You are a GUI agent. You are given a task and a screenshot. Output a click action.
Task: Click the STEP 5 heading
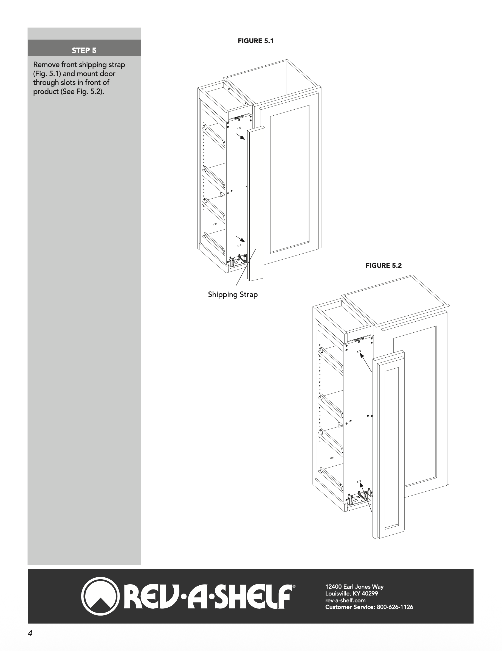click(x=84, y=50)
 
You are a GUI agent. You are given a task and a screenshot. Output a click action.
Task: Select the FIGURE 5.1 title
click(x=255, y=41)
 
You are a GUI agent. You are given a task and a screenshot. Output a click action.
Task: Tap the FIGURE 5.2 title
click(x=383, y=266)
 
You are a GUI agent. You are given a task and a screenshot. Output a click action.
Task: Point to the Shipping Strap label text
click(x=233, y=294)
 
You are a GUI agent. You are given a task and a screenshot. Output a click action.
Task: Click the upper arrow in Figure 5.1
click(x=241, y=137)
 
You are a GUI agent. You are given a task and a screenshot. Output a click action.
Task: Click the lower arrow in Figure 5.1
click(x=241, y=239)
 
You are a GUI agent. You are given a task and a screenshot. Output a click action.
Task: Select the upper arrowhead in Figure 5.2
click(x=362, y=356)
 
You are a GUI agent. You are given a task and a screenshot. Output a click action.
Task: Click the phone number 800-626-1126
click(x=395, y=607)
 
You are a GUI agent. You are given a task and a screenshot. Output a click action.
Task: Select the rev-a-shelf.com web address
click(x=345, y=600)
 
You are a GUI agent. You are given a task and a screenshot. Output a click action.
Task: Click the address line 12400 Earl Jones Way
click(x=354, y=587)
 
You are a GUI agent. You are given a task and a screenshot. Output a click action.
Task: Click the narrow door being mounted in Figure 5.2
click(x=391, y=447)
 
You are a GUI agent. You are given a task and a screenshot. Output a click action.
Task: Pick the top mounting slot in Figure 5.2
click(x=359, y=351)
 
